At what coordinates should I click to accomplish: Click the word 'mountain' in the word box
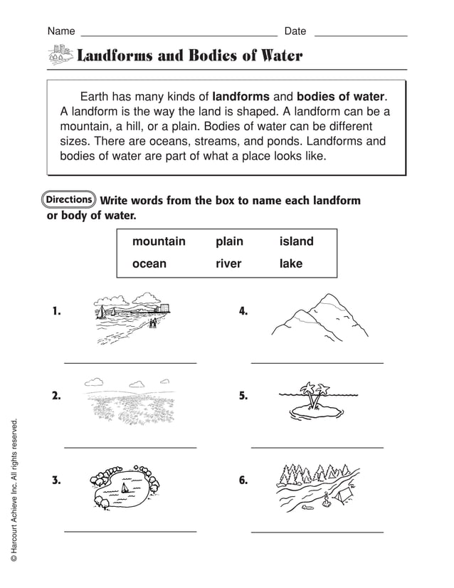coord(159,242)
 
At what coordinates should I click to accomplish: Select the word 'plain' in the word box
coord(229,242)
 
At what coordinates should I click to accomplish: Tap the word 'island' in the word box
coord(296,242)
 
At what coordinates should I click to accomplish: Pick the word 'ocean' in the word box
coord(149,264)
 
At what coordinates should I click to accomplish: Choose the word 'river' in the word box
coord(228,264)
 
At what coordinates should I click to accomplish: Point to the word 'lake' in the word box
coord(291,264)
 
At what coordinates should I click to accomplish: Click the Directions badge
coord(70,199)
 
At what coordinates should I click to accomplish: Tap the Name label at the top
coord(61,31)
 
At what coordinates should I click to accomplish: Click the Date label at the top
coord(295,31)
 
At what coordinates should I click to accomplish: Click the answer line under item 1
coord(130,363)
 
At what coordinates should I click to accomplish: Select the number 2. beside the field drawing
coord(56,397)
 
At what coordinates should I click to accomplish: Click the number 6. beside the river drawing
coord(243,481)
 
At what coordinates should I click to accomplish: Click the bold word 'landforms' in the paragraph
coord(241,96)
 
